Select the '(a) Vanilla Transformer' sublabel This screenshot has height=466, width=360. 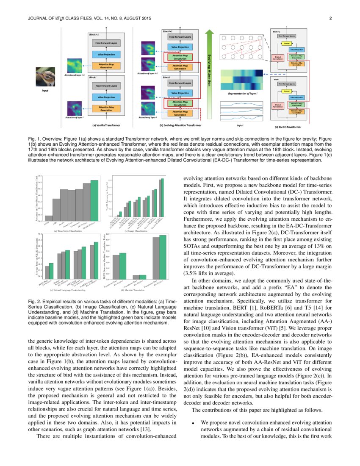pyautogui.click(x=106, y=125)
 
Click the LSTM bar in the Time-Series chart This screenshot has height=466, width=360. pyautogui.click(x=49, y=218)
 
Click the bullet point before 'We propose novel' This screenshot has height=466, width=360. pyautogui.click(x=193, y=423)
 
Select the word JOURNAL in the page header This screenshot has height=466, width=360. pyautogui.click(x=37, y=19)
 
